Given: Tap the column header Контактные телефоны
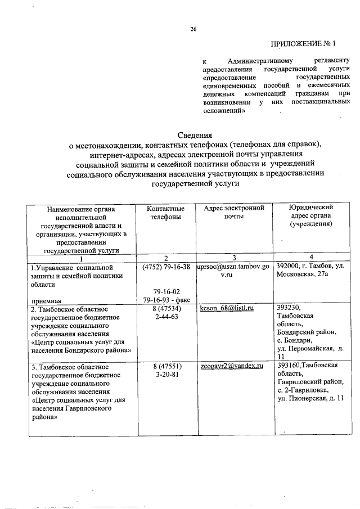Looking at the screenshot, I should pos(165,213).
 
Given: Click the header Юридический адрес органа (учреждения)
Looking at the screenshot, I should pos(308,216).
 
